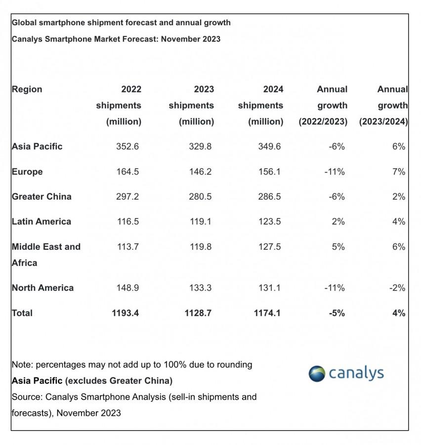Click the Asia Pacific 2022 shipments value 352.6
click(x=127, y=146)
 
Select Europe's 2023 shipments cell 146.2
click(x=200, y=172)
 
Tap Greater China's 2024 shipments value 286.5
click(x=269, y=197)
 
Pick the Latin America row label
click(x=42, y=222)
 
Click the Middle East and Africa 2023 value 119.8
click(x=201, y=247)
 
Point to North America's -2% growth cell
click(x=397, y=288)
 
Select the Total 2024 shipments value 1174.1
click(x=267, y=313)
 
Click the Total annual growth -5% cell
click(x=337, y=313)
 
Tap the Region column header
click(x=27, y=89)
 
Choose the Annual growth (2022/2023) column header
click(x=323, y=105)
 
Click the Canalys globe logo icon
click(x=317, y=373)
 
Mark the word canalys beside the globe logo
click(x=356, y=373)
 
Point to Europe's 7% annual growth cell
click(x=399, y=172)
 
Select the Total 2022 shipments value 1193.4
click(x=126, y=313)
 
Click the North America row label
click(x=43, y=288)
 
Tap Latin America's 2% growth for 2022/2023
click(x=338, y=222)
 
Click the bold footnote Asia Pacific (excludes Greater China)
click(x=92, y=381)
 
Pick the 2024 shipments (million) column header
click(x=261, y=105)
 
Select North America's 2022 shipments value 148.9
click(x=127, y=288)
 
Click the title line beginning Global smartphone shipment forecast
click(x=121, y=23)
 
